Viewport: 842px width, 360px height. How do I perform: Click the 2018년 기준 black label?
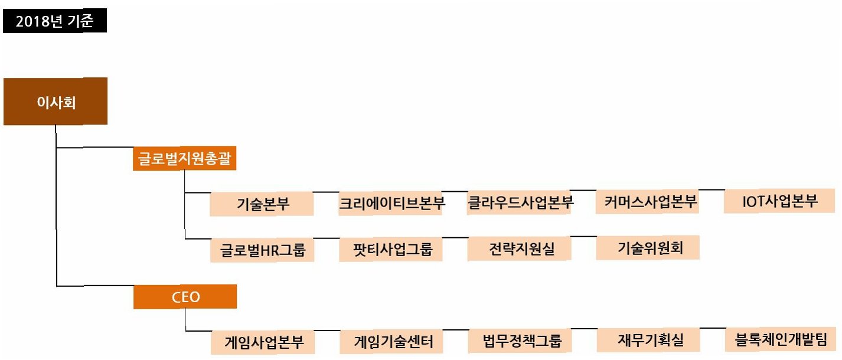coord(54,22)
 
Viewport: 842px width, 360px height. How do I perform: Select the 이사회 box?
coord(56,101)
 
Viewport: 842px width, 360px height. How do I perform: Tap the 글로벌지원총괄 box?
coord(184,159)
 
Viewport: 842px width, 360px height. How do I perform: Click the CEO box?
coord(185,297)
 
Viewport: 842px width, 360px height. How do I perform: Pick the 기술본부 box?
coord(262,204)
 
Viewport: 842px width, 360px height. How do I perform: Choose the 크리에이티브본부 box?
coord(391,204)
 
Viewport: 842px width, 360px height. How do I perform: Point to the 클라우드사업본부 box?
coord(520,202)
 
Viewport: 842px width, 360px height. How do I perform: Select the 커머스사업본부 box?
coord(648,202)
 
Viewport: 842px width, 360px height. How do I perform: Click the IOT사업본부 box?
coord(779,201)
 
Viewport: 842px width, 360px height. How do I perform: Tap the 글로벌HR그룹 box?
coord(262,250)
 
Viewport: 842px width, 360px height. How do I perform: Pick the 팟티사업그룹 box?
coord(391,249)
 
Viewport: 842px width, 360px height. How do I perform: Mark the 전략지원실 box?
coord(520,248)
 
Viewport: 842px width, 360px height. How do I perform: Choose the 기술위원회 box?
coord(648,248)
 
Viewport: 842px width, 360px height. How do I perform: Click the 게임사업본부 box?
coord(262,342)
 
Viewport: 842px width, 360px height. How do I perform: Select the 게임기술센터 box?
coord(391,341)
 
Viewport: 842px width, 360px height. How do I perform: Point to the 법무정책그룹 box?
coord(520,341)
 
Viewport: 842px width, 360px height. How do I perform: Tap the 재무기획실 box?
coord(648,340)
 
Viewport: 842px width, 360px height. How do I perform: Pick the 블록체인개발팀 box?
coord(781,339)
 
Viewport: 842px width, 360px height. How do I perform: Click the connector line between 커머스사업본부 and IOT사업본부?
coord(712,189)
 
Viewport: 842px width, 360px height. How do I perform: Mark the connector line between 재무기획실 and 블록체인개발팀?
coord(712,328)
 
